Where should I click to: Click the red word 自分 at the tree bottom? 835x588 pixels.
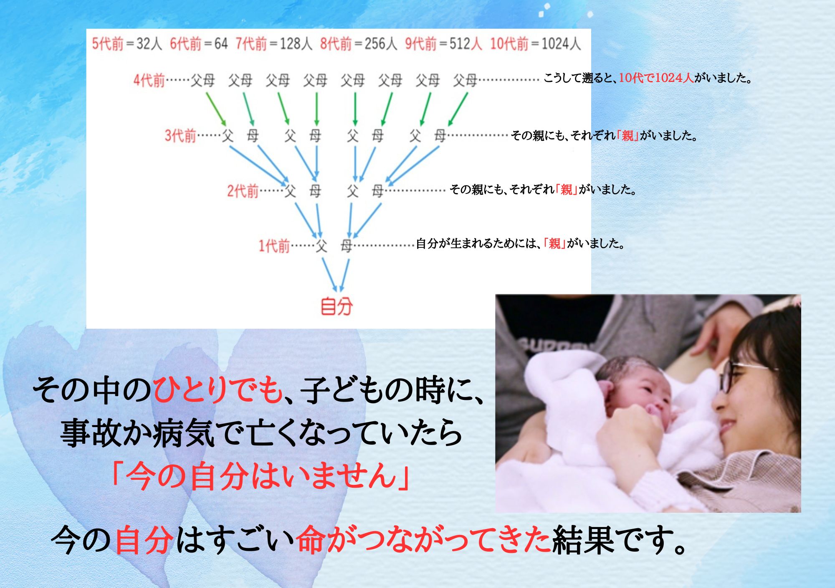click(x=337, y=306)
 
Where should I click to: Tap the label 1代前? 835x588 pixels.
click(x=274, y=246)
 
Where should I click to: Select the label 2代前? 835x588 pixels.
click(x=243, y=191)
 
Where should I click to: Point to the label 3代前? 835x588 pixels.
click(x=180, y=135)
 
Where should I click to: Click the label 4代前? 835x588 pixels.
click(x=149, y=80)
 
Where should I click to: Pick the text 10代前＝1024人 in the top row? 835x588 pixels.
click(x=535, y=43)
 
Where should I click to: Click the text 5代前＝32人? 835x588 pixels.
click(x=127, y=43)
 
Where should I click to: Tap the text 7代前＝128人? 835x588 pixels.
click(x=274, y=43)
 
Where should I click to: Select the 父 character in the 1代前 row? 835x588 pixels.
click(x=321, y=246)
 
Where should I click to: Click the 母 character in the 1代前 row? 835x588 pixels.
click(x=347, y=246)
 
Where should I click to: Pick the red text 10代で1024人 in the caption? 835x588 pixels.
click(x=656, y=78)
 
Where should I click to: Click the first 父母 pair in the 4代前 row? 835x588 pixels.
click(x=203, y=80)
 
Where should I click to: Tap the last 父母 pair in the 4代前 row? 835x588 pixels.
click(x=465, y=80)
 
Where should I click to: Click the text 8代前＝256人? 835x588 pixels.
click(x=359, y=43)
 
